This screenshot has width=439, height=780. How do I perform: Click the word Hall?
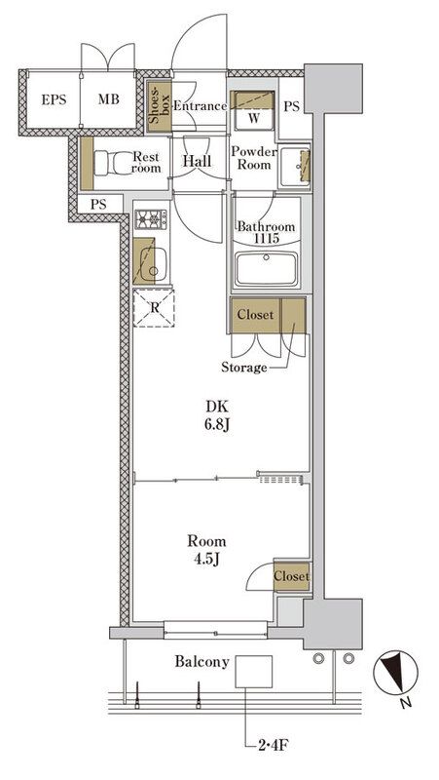point(198,163)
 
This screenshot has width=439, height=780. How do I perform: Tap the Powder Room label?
point(253,158)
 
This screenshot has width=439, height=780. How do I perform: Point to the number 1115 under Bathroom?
point(268,238)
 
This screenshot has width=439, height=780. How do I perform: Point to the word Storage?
point(243,368)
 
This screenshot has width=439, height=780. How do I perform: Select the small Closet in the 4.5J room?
point(290,576)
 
